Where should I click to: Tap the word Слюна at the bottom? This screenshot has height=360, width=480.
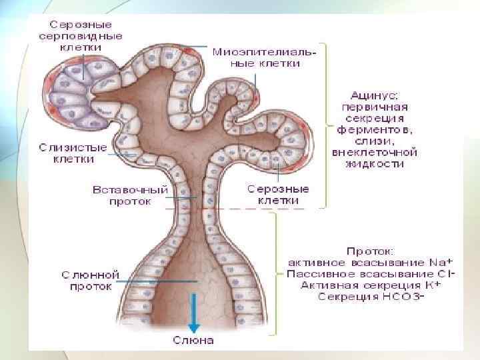[x=193, y=341]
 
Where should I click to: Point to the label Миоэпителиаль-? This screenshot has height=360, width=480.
[x=264, y=51]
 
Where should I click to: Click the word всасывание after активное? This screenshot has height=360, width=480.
[x=391, y=262]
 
